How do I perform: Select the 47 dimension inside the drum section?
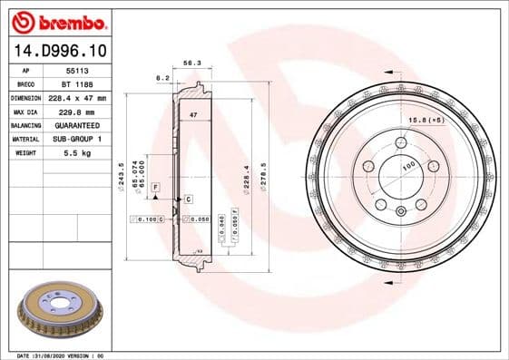(x=192, y=115)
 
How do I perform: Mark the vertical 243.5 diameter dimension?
(x=122, y=174)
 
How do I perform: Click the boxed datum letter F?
(x=156, y=186)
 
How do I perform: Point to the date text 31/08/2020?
(x=73, y=355)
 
